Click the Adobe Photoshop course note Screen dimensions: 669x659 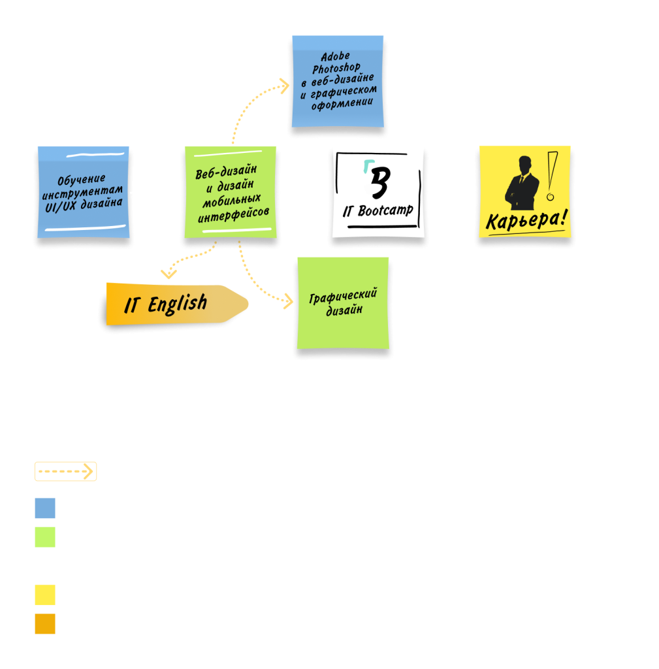tap(337, 82)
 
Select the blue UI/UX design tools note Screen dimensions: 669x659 tap(83, 192)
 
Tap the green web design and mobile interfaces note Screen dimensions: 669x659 tap(229, 192)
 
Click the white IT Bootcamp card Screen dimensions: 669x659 tap(378, 192)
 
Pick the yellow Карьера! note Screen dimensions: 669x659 tap(524, 192)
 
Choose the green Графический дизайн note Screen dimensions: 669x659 tap(343, 303)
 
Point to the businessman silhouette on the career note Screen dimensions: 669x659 tap(522, 182)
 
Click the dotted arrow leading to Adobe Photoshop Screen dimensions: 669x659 tap(246, 105)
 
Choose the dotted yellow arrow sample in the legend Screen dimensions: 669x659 tap(66, 471)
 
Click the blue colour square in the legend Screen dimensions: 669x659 tap(45, 508)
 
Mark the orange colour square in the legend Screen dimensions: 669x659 tap(45, 623)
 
